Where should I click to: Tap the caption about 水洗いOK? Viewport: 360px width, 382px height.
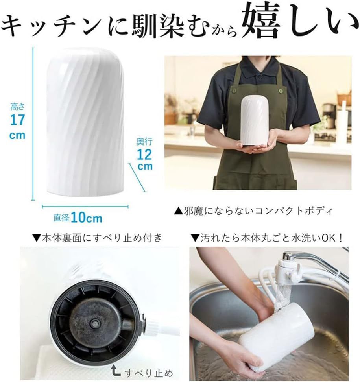point(268,237)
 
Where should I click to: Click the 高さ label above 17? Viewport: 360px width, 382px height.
point(17,106)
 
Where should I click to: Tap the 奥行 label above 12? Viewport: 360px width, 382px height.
point(144,141)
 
